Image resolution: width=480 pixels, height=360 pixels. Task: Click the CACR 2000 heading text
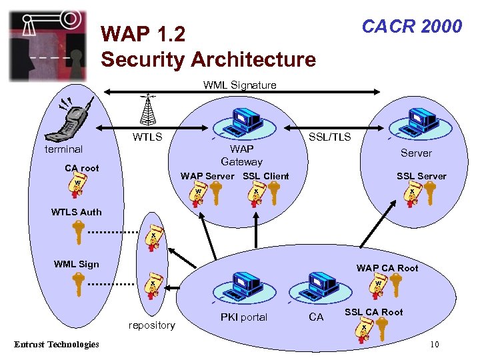coord(411,26)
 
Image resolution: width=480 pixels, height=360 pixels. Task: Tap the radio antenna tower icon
coord(148,110)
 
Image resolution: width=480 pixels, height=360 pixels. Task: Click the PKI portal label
coord(243,317)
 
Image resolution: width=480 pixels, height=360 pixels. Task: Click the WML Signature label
coord(239,85)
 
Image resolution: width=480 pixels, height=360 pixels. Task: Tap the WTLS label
coord(147,137)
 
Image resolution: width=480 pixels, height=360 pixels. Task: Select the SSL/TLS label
coord(329,137)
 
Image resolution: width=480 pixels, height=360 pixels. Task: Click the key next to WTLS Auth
coord(79,233)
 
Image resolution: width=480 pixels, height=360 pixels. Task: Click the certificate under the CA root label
coord(78,187)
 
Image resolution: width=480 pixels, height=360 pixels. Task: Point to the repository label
coord(152,325)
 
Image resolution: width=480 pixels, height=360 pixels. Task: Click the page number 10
coord(434,345)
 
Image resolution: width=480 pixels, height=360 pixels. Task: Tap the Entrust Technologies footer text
coord(57,345)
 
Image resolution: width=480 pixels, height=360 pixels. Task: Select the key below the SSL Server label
coord(429,194)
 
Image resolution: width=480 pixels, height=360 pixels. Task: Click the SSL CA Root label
coord(373,312)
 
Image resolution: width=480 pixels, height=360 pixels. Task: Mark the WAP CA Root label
coord(387,268)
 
